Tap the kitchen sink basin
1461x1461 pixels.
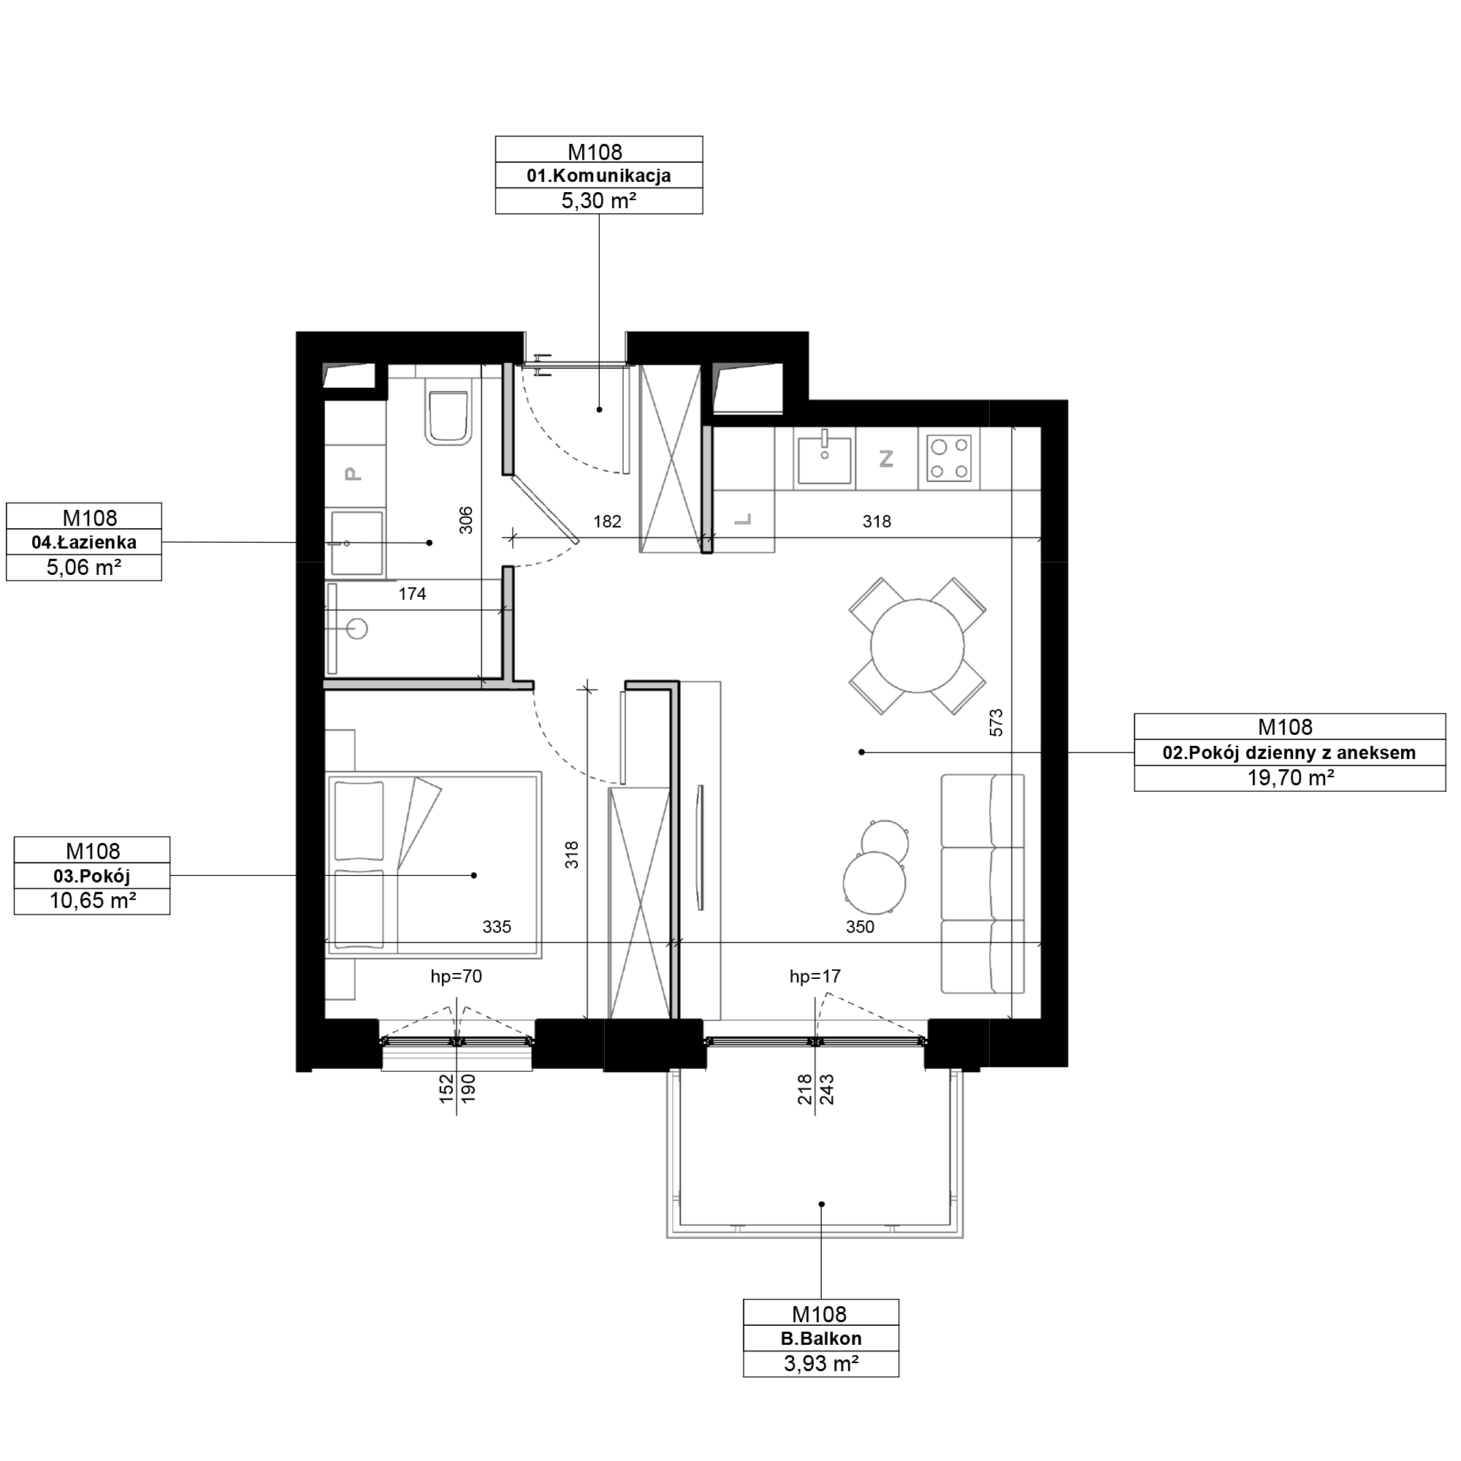(824, 460)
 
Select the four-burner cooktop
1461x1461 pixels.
(950, 459)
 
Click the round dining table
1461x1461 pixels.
(918, 646)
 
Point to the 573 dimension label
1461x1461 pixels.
(996, 722)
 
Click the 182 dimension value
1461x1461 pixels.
(607, 521)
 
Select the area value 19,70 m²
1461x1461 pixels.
(1290, 778)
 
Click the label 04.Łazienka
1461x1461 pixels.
(84, 542)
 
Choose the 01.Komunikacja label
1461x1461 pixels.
(599, 176)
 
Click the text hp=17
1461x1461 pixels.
(815, 976)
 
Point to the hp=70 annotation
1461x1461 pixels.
(456, 976)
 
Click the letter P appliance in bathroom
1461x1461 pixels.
(352, 474)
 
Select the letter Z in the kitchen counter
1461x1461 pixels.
(886, 458)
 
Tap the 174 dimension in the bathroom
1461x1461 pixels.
(412, 595)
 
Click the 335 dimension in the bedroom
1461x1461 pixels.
(497, 926)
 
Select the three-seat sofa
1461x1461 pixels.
(983, 883)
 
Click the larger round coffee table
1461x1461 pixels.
(875, 883)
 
